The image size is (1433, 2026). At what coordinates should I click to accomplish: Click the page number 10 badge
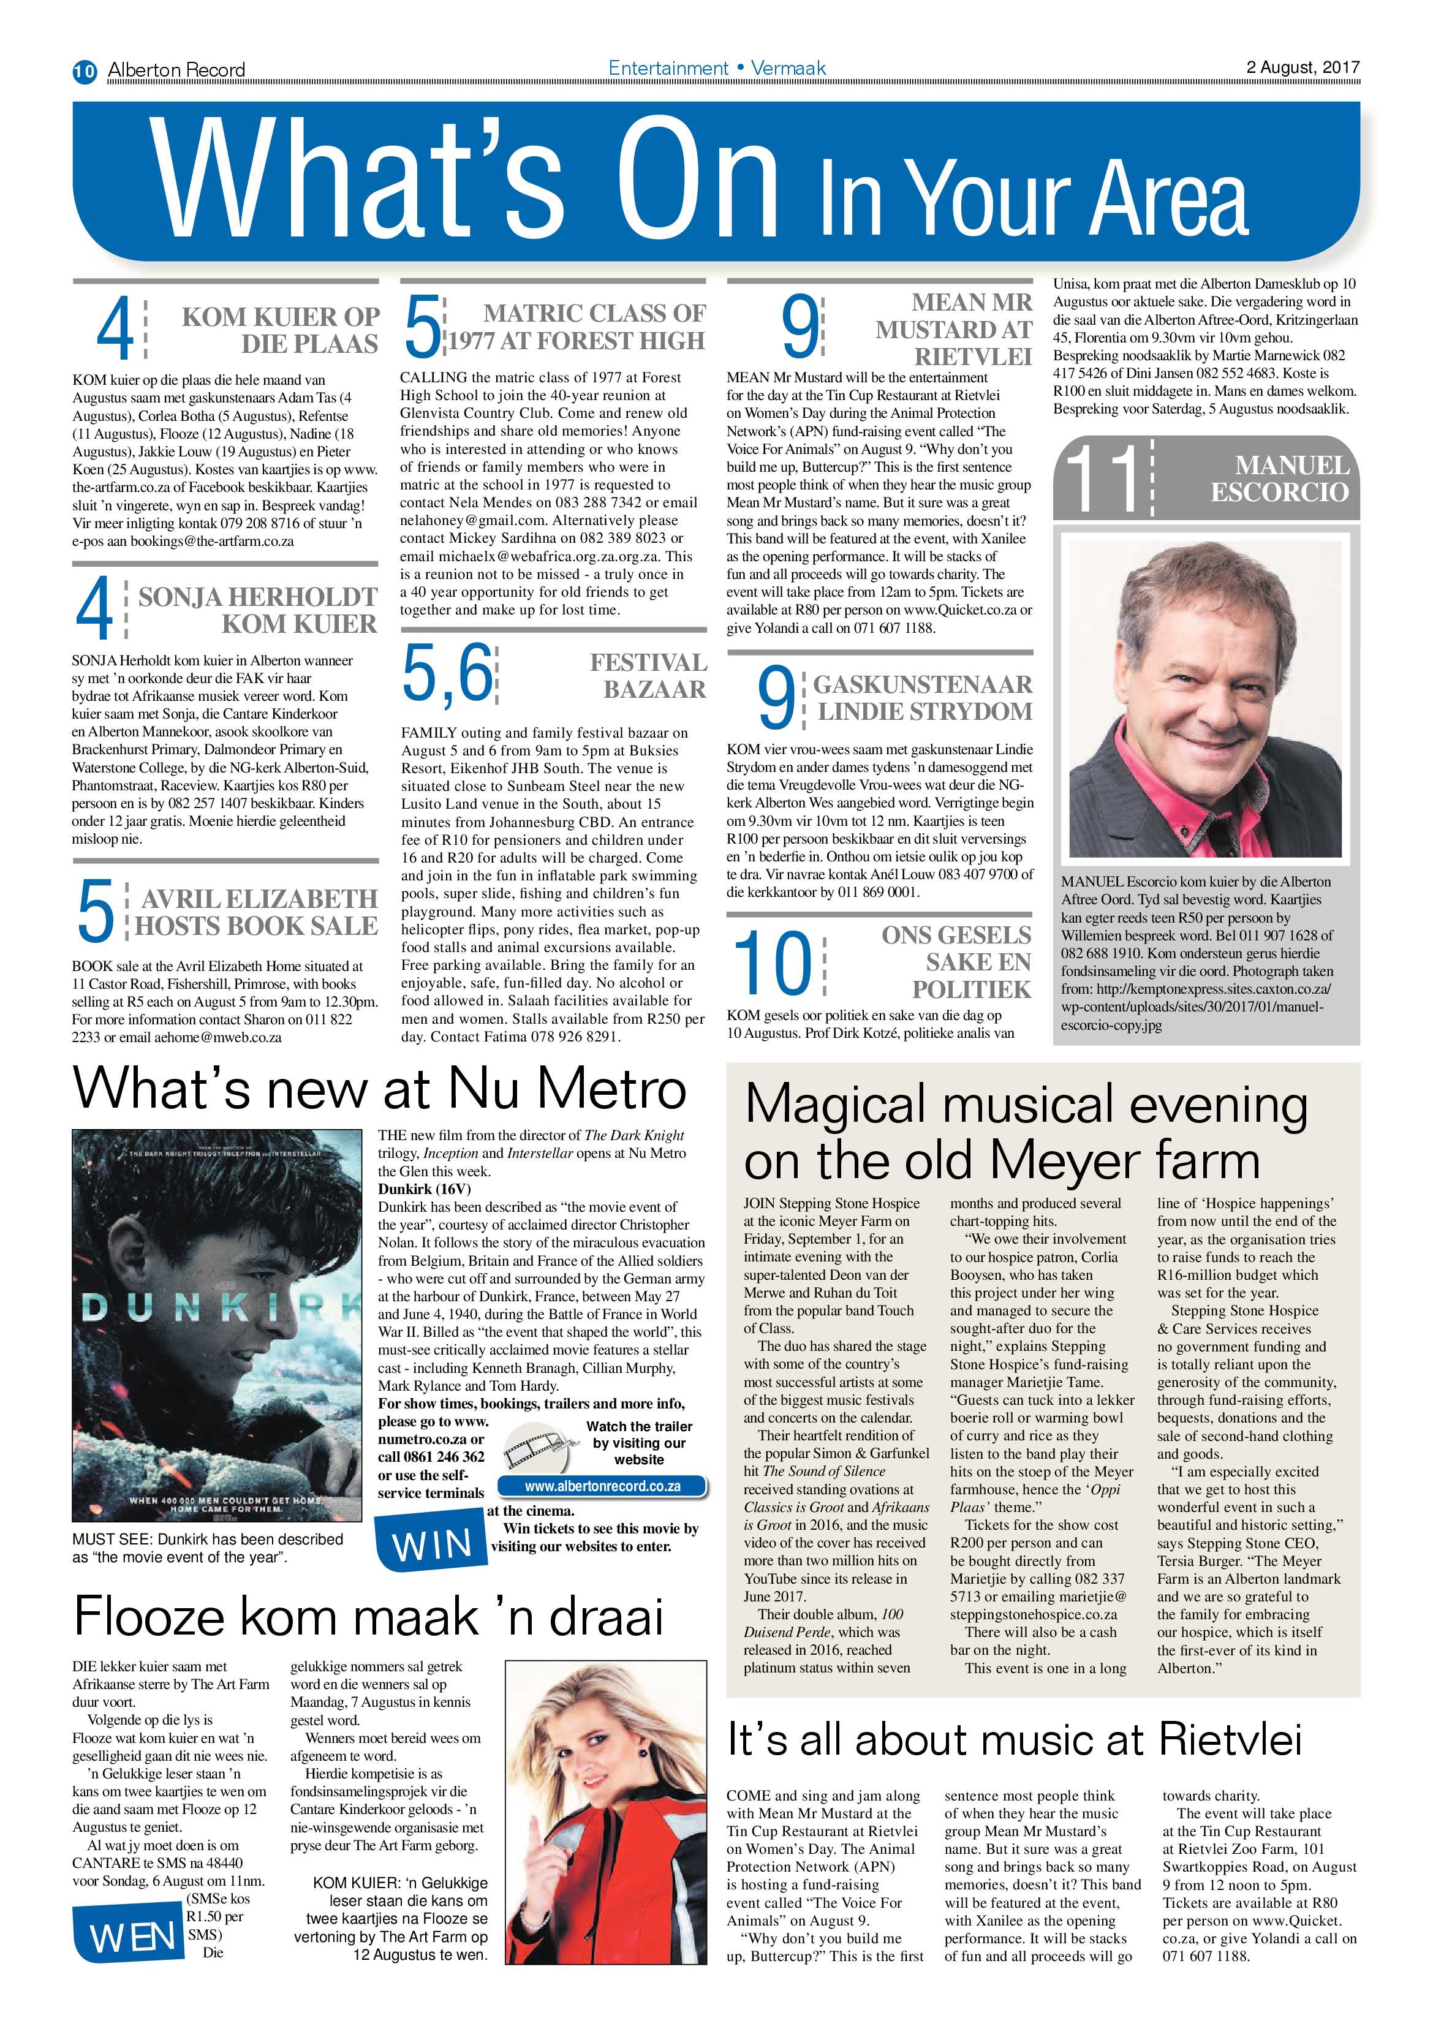coord(85,70)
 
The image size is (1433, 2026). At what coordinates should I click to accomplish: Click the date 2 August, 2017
coord(1303,67)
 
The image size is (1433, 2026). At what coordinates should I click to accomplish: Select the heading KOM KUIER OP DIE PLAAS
coord(280,330)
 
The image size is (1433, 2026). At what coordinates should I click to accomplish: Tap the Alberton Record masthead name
coord(176,70)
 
